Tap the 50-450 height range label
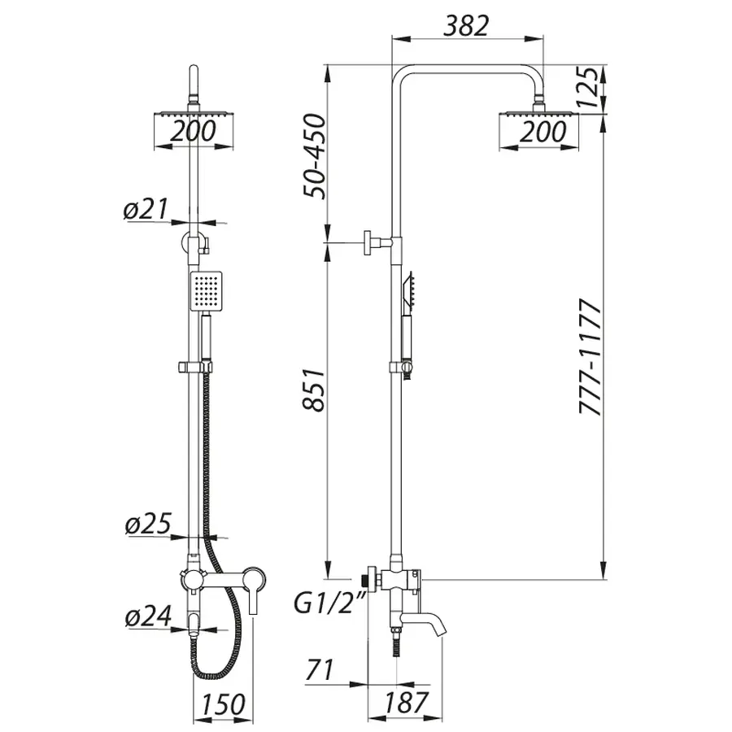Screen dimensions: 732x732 (x=314, y=157)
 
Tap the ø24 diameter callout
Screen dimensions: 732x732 (x=146, y=618)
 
